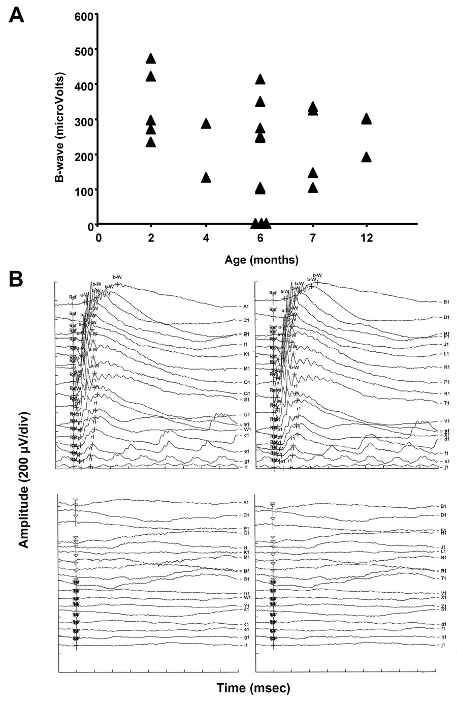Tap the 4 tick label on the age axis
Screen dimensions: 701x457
click(206, 238)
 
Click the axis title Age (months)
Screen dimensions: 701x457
click(261, 260)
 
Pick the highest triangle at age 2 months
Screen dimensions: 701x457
click(151, 58)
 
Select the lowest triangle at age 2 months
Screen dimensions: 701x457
click(151, 142)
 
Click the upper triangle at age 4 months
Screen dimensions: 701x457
click(206, 124)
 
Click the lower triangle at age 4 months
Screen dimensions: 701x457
click(206, 177)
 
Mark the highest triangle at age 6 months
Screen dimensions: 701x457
click(260, 79)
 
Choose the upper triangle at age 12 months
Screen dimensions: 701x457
click(366, 119)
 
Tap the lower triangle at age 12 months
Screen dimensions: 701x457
click(366, 157)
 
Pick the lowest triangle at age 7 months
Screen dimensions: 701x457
click(313, 188)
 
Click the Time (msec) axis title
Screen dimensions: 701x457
click(253, 688)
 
